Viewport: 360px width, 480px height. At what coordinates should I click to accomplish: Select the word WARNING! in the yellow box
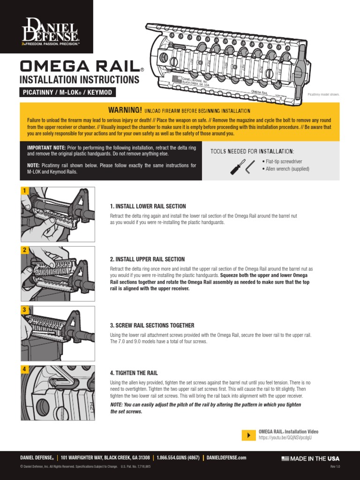tap(125, 110)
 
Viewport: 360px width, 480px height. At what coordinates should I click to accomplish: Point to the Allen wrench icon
tap(250, 166)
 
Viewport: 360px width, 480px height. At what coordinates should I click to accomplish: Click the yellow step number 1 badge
tap(24, 190)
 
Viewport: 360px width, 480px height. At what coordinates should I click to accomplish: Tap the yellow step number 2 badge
tap(24, 250)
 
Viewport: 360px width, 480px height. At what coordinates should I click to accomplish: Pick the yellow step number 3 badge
tap(24, 309)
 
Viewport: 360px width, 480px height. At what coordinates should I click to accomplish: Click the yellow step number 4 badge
tap(24, 369)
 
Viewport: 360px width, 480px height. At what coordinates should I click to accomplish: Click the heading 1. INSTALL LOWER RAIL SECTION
tap(148, 206)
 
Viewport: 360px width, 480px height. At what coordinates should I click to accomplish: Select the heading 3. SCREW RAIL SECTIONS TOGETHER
tap(152, 325)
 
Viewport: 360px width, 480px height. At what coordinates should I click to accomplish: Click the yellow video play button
tap(248, 435)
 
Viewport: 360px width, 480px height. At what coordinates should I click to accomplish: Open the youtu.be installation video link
tap(285, 437)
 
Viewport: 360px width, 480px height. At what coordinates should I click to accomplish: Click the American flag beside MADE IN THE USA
tap(285, 458)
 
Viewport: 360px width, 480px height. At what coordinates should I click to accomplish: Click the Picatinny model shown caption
tap(323, 95)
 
